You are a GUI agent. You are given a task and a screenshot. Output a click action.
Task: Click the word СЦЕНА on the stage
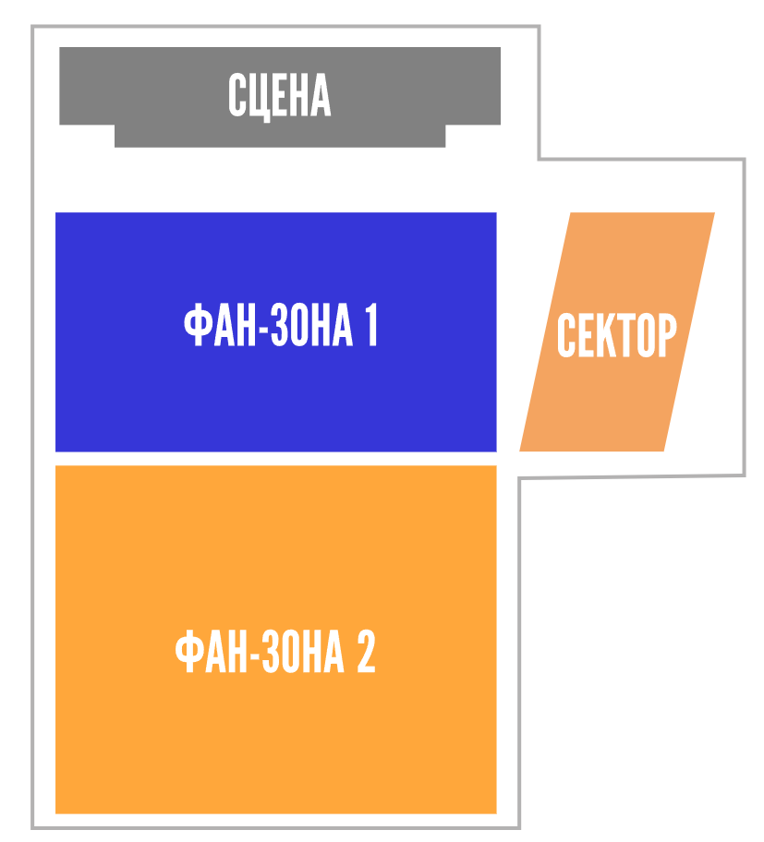(x=279, y=96)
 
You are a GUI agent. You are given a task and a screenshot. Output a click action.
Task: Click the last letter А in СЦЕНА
(x=321, y=95)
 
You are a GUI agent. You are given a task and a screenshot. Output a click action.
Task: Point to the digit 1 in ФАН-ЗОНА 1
(x=371, y=324)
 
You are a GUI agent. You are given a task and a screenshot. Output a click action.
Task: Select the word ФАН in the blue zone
(x=220, y=324)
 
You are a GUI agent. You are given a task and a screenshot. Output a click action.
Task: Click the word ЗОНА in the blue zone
(x=311, y=324)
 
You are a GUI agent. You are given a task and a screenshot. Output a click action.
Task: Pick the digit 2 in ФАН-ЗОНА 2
(x=367, y=651)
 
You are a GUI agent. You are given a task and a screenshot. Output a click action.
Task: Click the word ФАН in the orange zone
(x=212, y=651)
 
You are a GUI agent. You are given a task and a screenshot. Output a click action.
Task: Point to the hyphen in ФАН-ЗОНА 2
(x=255, y=656)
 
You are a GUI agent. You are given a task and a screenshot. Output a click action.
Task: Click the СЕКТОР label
(x=617, y=335)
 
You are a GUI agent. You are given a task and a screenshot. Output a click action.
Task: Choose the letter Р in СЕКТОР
(x=668, y=335)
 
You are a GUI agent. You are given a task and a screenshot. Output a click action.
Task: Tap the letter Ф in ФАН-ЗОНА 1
(x=196, y=324)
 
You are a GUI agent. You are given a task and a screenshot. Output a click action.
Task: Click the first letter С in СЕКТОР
(x=566, y=335)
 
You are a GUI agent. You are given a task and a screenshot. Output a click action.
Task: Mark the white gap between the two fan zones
(x=275, y=459)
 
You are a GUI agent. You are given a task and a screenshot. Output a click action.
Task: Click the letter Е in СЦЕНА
(x=281, y=95)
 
